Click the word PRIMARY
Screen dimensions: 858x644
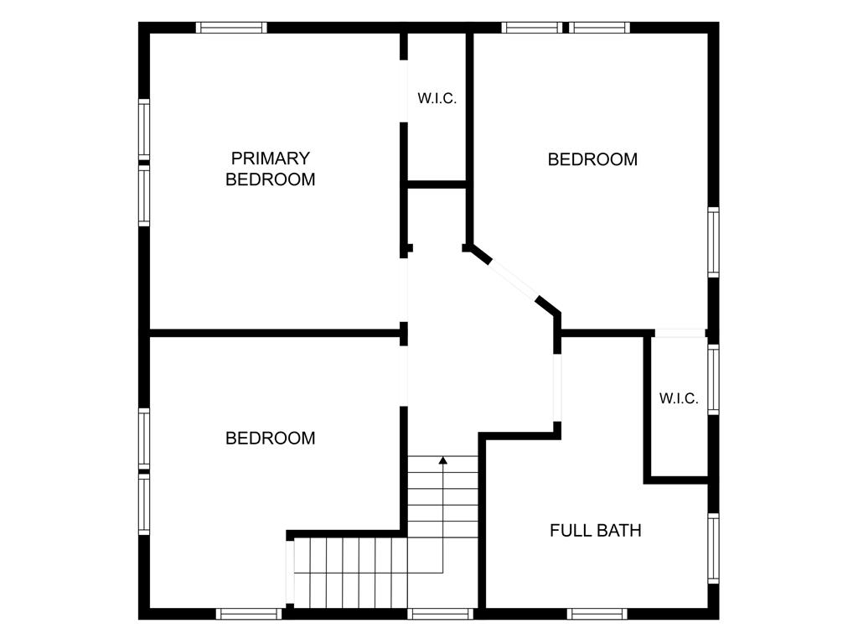271,158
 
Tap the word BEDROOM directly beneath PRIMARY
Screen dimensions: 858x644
271,179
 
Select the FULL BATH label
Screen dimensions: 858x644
596,530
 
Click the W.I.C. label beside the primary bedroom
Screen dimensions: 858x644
437,99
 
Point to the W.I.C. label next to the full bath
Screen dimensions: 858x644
679,398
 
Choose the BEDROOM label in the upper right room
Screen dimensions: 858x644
592,159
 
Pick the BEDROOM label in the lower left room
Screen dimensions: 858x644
271,438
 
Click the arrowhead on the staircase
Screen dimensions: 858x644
442,460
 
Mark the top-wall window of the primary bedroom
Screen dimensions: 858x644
231,28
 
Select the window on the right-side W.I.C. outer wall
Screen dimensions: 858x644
714,379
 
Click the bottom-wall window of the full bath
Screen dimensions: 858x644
597,614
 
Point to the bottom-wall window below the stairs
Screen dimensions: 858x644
441,614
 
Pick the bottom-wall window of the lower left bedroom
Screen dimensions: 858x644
248,614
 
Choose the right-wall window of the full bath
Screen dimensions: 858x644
714,548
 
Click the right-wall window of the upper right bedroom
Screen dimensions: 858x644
714,242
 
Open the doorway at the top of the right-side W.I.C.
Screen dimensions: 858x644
680,333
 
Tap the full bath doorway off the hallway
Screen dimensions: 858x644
557,387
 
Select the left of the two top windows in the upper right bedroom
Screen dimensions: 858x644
532,28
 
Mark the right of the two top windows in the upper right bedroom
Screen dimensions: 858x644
599,28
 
